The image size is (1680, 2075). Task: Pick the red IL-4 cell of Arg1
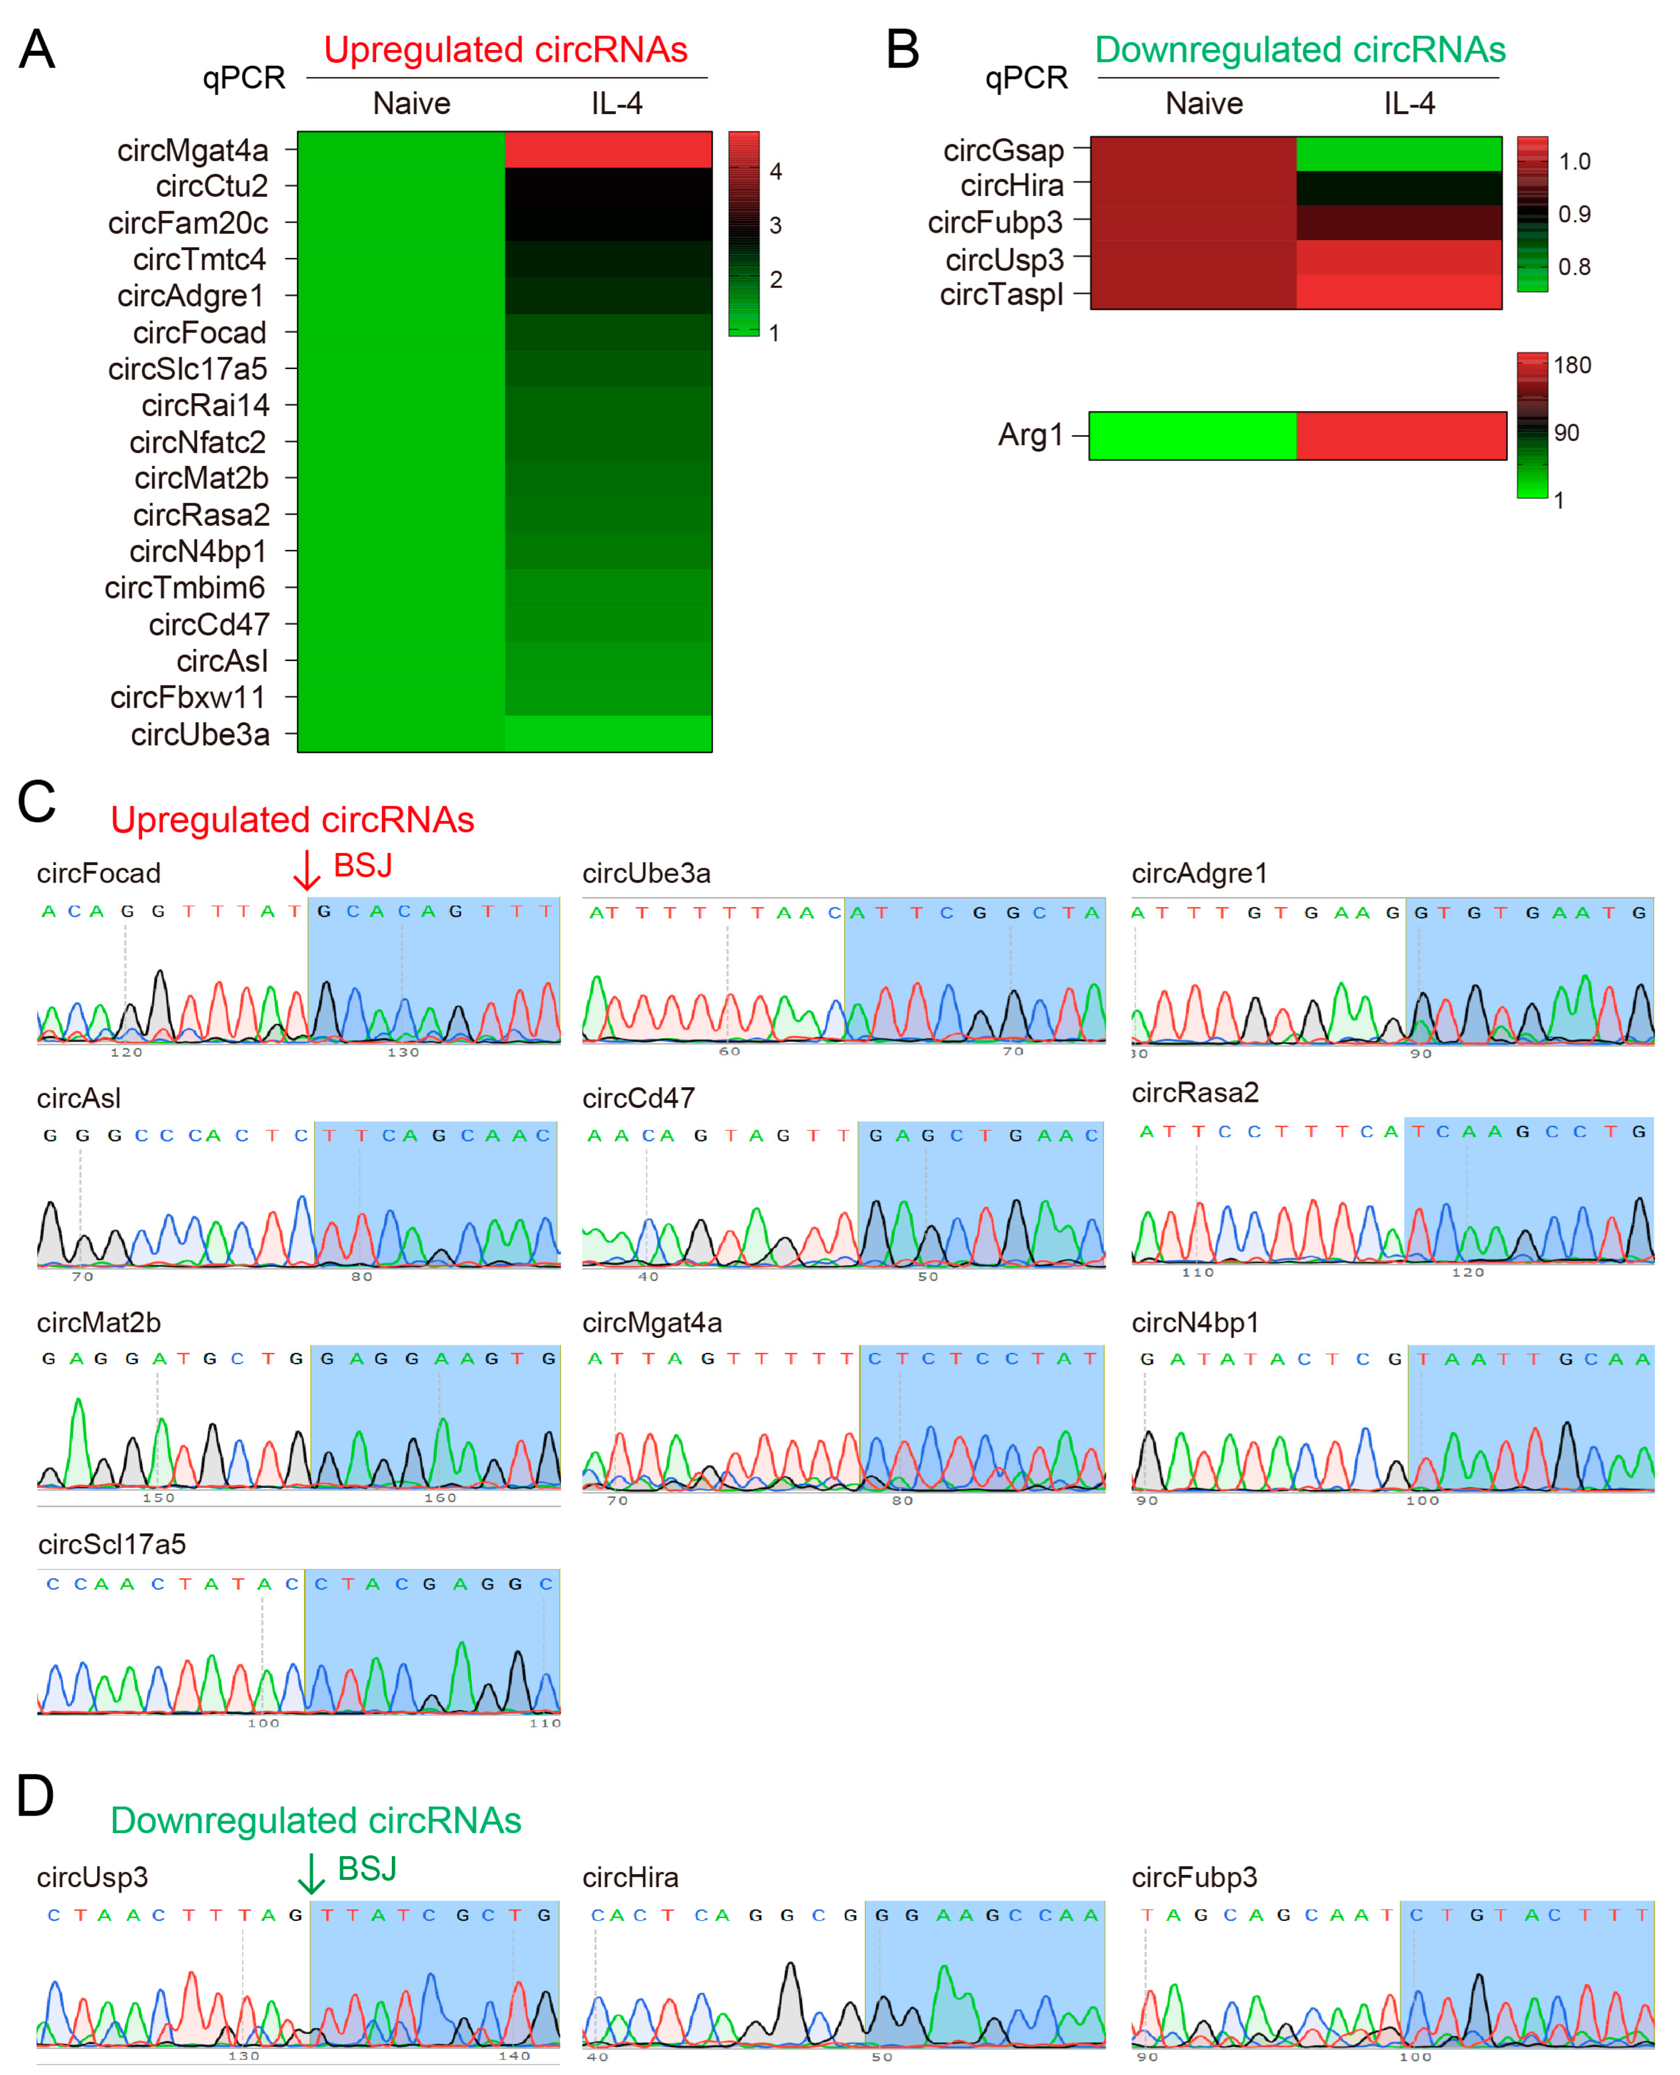tap(1400, 435)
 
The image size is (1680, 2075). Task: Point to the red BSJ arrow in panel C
tap(307, 870)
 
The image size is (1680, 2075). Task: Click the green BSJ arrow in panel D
tap(311, 1874)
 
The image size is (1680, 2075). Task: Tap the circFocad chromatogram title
tap(99, 874)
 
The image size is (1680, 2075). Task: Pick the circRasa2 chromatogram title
tap(1195, 1093)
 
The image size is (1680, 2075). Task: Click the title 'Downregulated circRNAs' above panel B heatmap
tap(1300, 50)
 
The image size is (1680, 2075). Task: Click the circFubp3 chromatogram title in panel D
tap(1194, 1878)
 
